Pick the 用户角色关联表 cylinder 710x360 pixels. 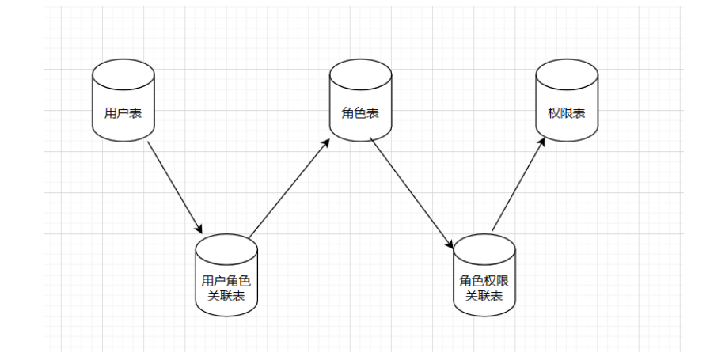tap(226, 277)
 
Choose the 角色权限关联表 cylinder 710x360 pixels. tap(484, 277)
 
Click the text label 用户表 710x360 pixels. tap(122, 113)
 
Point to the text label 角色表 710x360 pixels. tap(360, 113)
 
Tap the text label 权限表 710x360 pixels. tap(566, 113)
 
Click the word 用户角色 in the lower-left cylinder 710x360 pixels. tap(226, 281)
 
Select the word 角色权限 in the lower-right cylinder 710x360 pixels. tap(484, 281)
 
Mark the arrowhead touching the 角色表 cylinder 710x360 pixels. tap(327, 142)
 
